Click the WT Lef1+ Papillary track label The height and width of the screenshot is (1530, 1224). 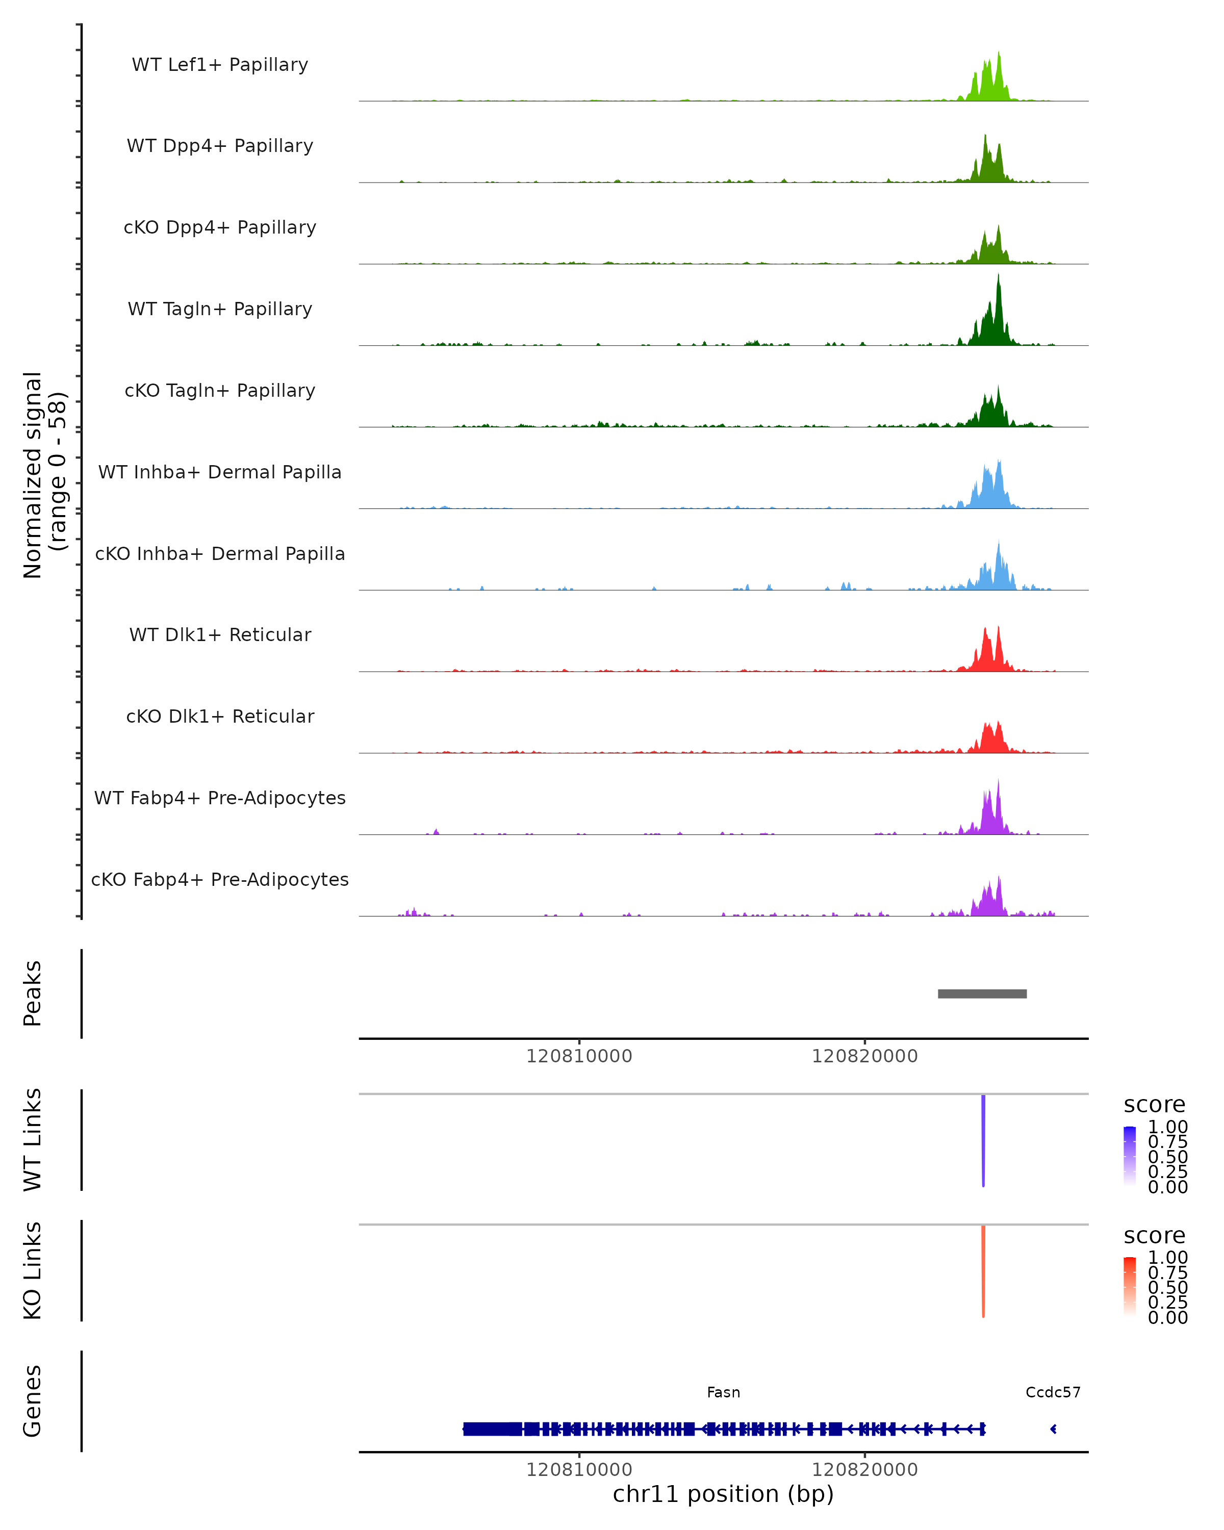[x=220, y=65]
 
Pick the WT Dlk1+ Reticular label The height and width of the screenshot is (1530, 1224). [x=220, y=634]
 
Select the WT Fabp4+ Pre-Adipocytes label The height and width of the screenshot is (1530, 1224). [x=220, y=798]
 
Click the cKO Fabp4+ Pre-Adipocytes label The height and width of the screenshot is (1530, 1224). [x=220, y=879]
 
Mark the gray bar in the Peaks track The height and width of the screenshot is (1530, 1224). [x=982, y=993]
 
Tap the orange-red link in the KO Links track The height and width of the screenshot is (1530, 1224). [x=983, y=1270]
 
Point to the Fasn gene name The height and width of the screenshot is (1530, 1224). [x=723, y=1392]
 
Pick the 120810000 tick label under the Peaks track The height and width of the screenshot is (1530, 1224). [x=579, y=1056]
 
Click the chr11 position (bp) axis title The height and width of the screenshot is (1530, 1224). [x=723, y=1494]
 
